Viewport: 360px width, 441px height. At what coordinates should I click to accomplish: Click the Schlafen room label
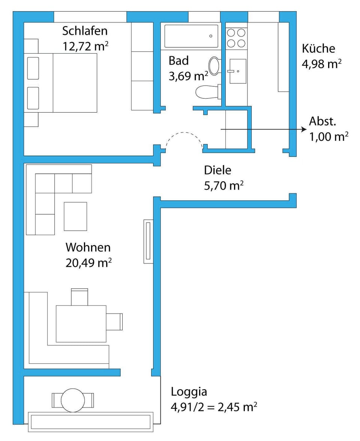pos(85,30)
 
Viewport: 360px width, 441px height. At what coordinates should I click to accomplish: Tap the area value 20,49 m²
pos(88,263)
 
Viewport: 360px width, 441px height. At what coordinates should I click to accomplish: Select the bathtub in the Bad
pos(191,36)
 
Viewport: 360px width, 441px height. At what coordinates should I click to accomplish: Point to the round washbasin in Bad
pos(214,65)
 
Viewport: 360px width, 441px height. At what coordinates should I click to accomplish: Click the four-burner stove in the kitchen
pos(236,38)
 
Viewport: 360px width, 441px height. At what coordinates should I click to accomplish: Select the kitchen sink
pos(237,71)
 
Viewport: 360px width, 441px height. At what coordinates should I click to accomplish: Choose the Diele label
pos(217,170)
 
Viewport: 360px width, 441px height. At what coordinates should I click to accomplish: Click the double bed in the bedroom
pos(61,83)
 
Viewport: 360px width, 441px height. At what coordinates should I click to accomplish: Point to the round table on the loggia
pos(73,400)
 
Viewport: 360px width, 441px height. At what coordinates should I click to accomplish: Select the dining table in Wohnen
pos(81,324)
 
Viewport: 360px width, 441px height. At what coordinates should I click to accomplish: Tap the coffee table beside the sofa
pos(75,216)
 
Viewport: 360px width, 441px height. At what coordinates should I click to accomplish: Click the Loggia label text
pos(189,392)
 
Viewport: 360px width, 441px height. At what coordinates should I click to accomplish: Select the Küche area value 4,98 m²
pos(321,64)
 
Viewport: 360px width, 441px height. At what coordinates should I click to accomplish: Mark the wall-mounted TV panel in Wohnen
pos(148,241)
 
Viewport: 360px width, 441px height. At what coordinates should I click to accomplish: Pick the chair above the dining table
pos(79,297)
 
